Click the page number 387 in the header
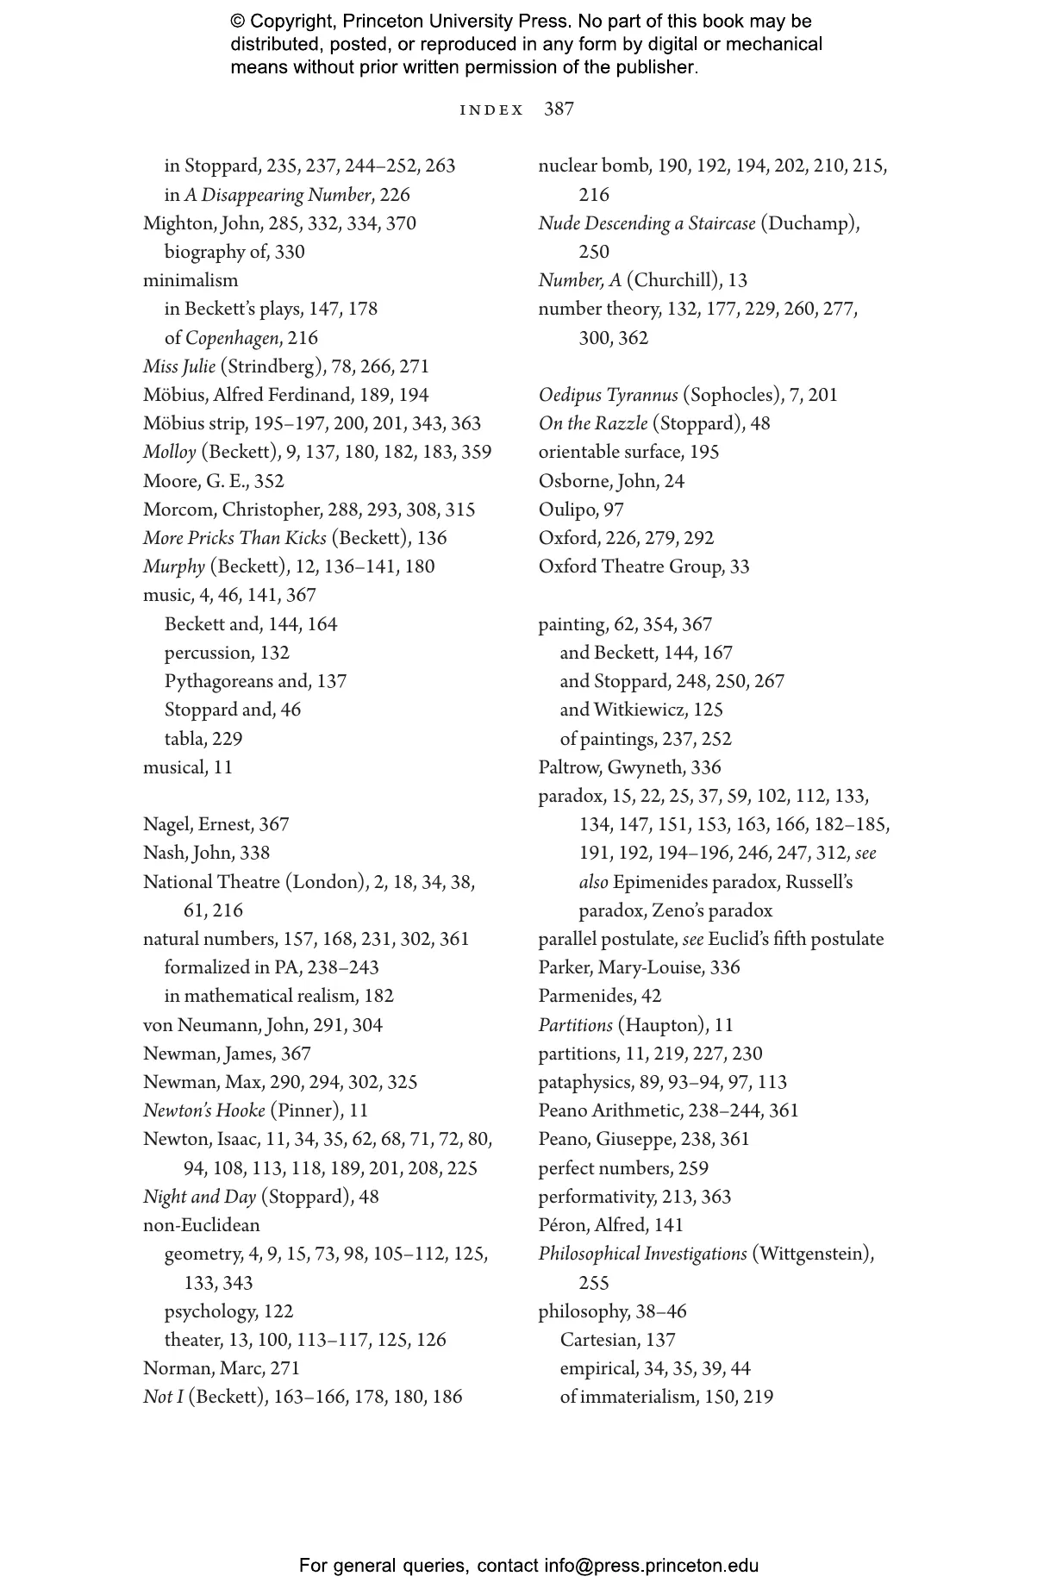pos(559,109)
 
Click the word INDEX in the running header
pos(491,110)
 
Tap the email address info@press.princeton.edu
pos(651,1566)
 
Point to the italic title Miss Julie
pos(179,366)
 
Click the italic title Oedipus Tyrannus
pos(608,395)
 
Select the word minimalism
pos(191,280)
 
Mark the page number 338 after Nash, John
pos(255,853)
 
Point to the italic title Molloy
pos(170,452)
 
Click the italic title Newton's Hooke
pos(203,1110)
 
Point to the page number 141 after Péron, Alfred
pos(668,1225)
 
